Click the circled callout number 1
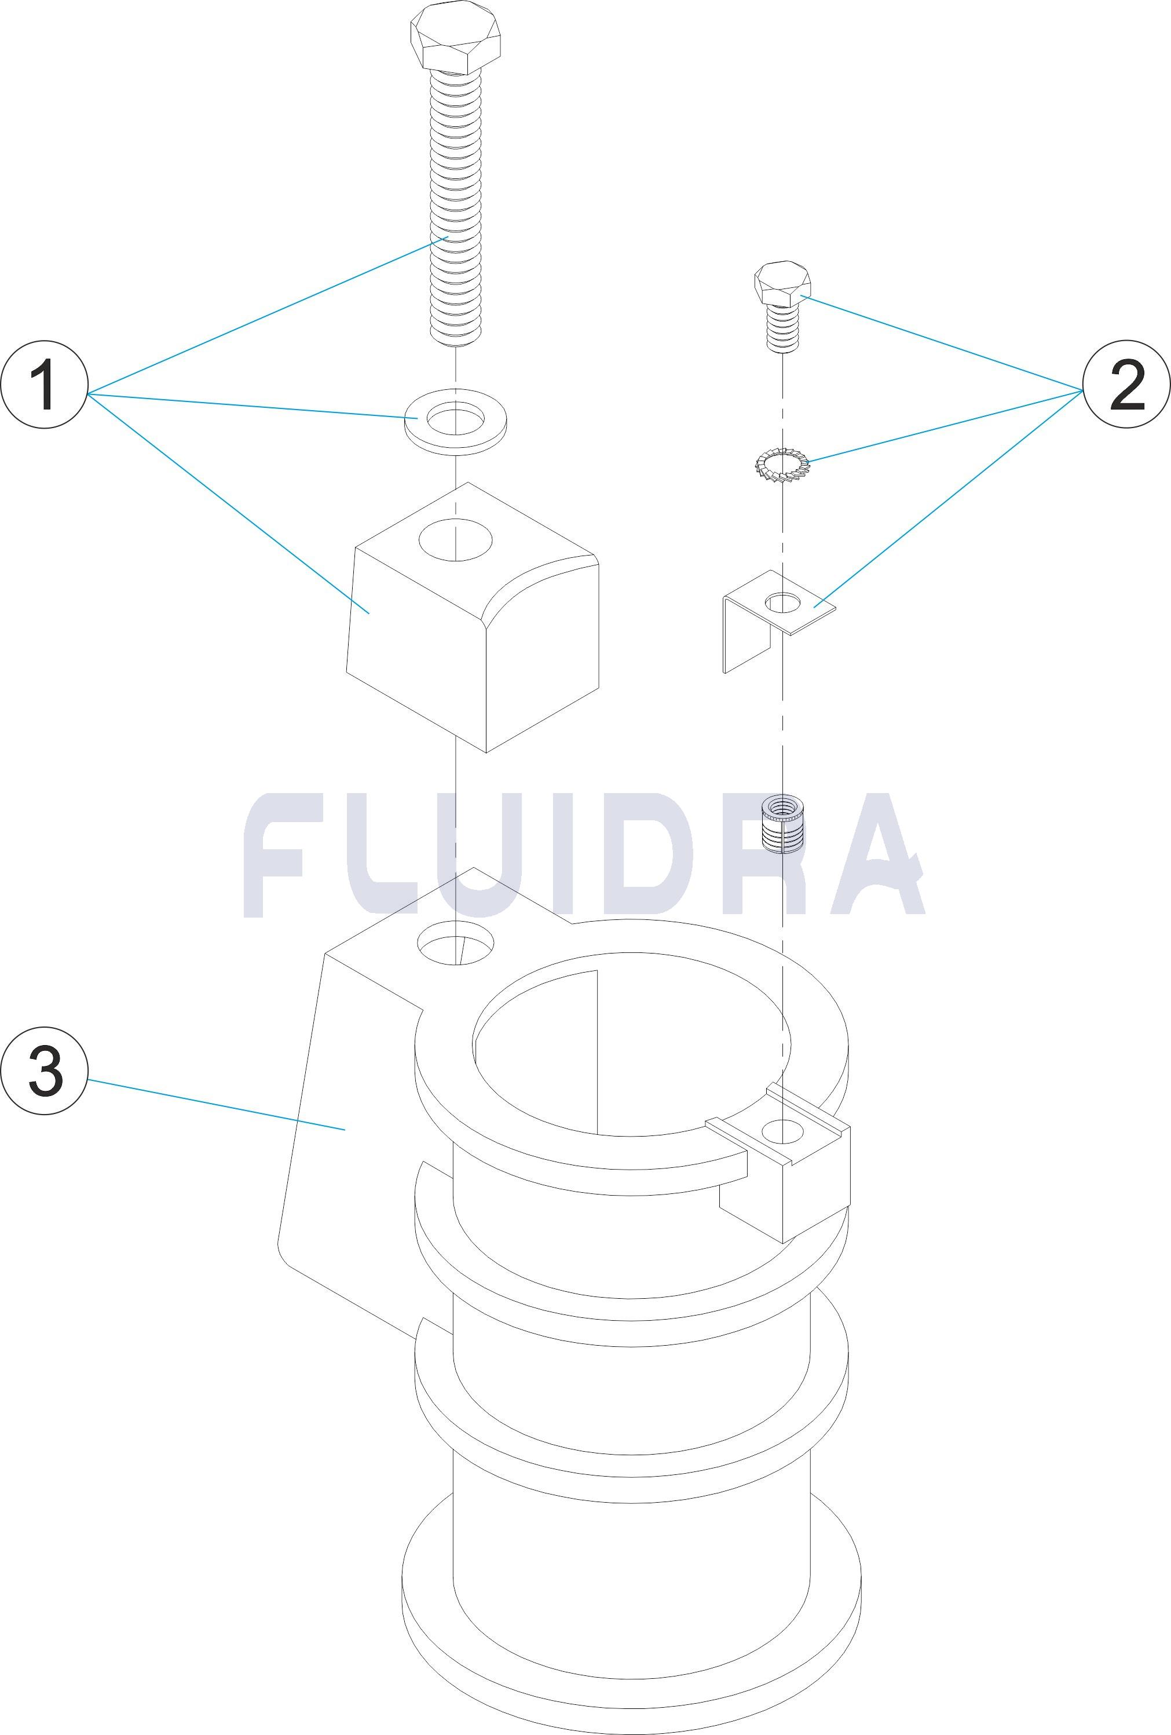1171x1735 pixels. click(x=44, y=385)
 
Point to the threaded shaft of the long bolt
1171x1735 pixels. click(x=455, y=209)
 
